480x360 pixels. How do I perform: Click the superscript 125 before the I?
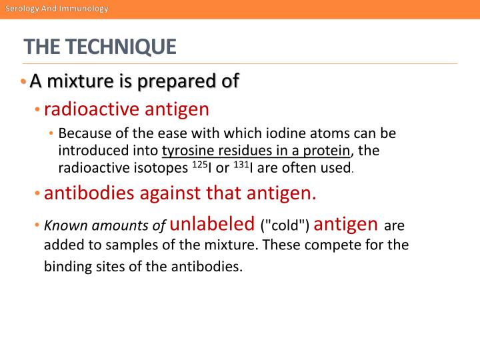tap(200, 163)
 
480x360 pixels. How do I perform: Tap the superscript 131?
tap(241, 163)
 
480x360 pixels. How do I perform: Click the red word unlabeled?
tap(213, 223)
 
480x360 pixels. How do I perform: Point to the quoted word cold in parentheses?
tap(285, 225)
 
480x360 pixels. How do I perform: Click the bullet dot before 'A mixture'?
tap(23, 82)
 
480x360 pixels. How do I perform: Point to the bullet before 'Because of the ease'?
tap(51, 132)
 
